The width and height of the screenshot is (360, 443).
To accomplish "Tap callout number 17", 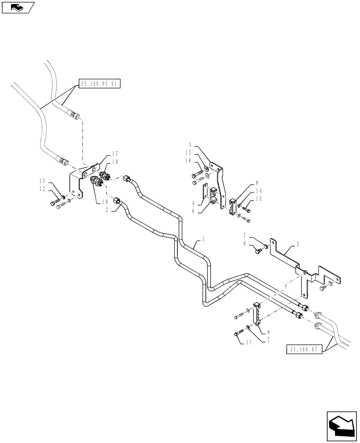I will pyautogui.click(x=115, y=154).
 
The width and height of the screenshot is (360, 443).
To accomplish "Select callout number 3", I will pyautogui.click(x=189, y=145).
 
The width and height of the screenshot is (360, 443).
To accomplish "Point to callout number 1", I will pyautogui.click(x=203, y=239).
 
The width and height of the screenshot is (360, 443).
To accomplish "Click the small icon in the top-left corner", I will pyautogui.click(x=17, y=7).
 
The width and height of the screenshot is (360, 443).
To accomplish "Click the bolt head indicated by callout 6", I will pyautogui.click(x=258, y=252).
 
